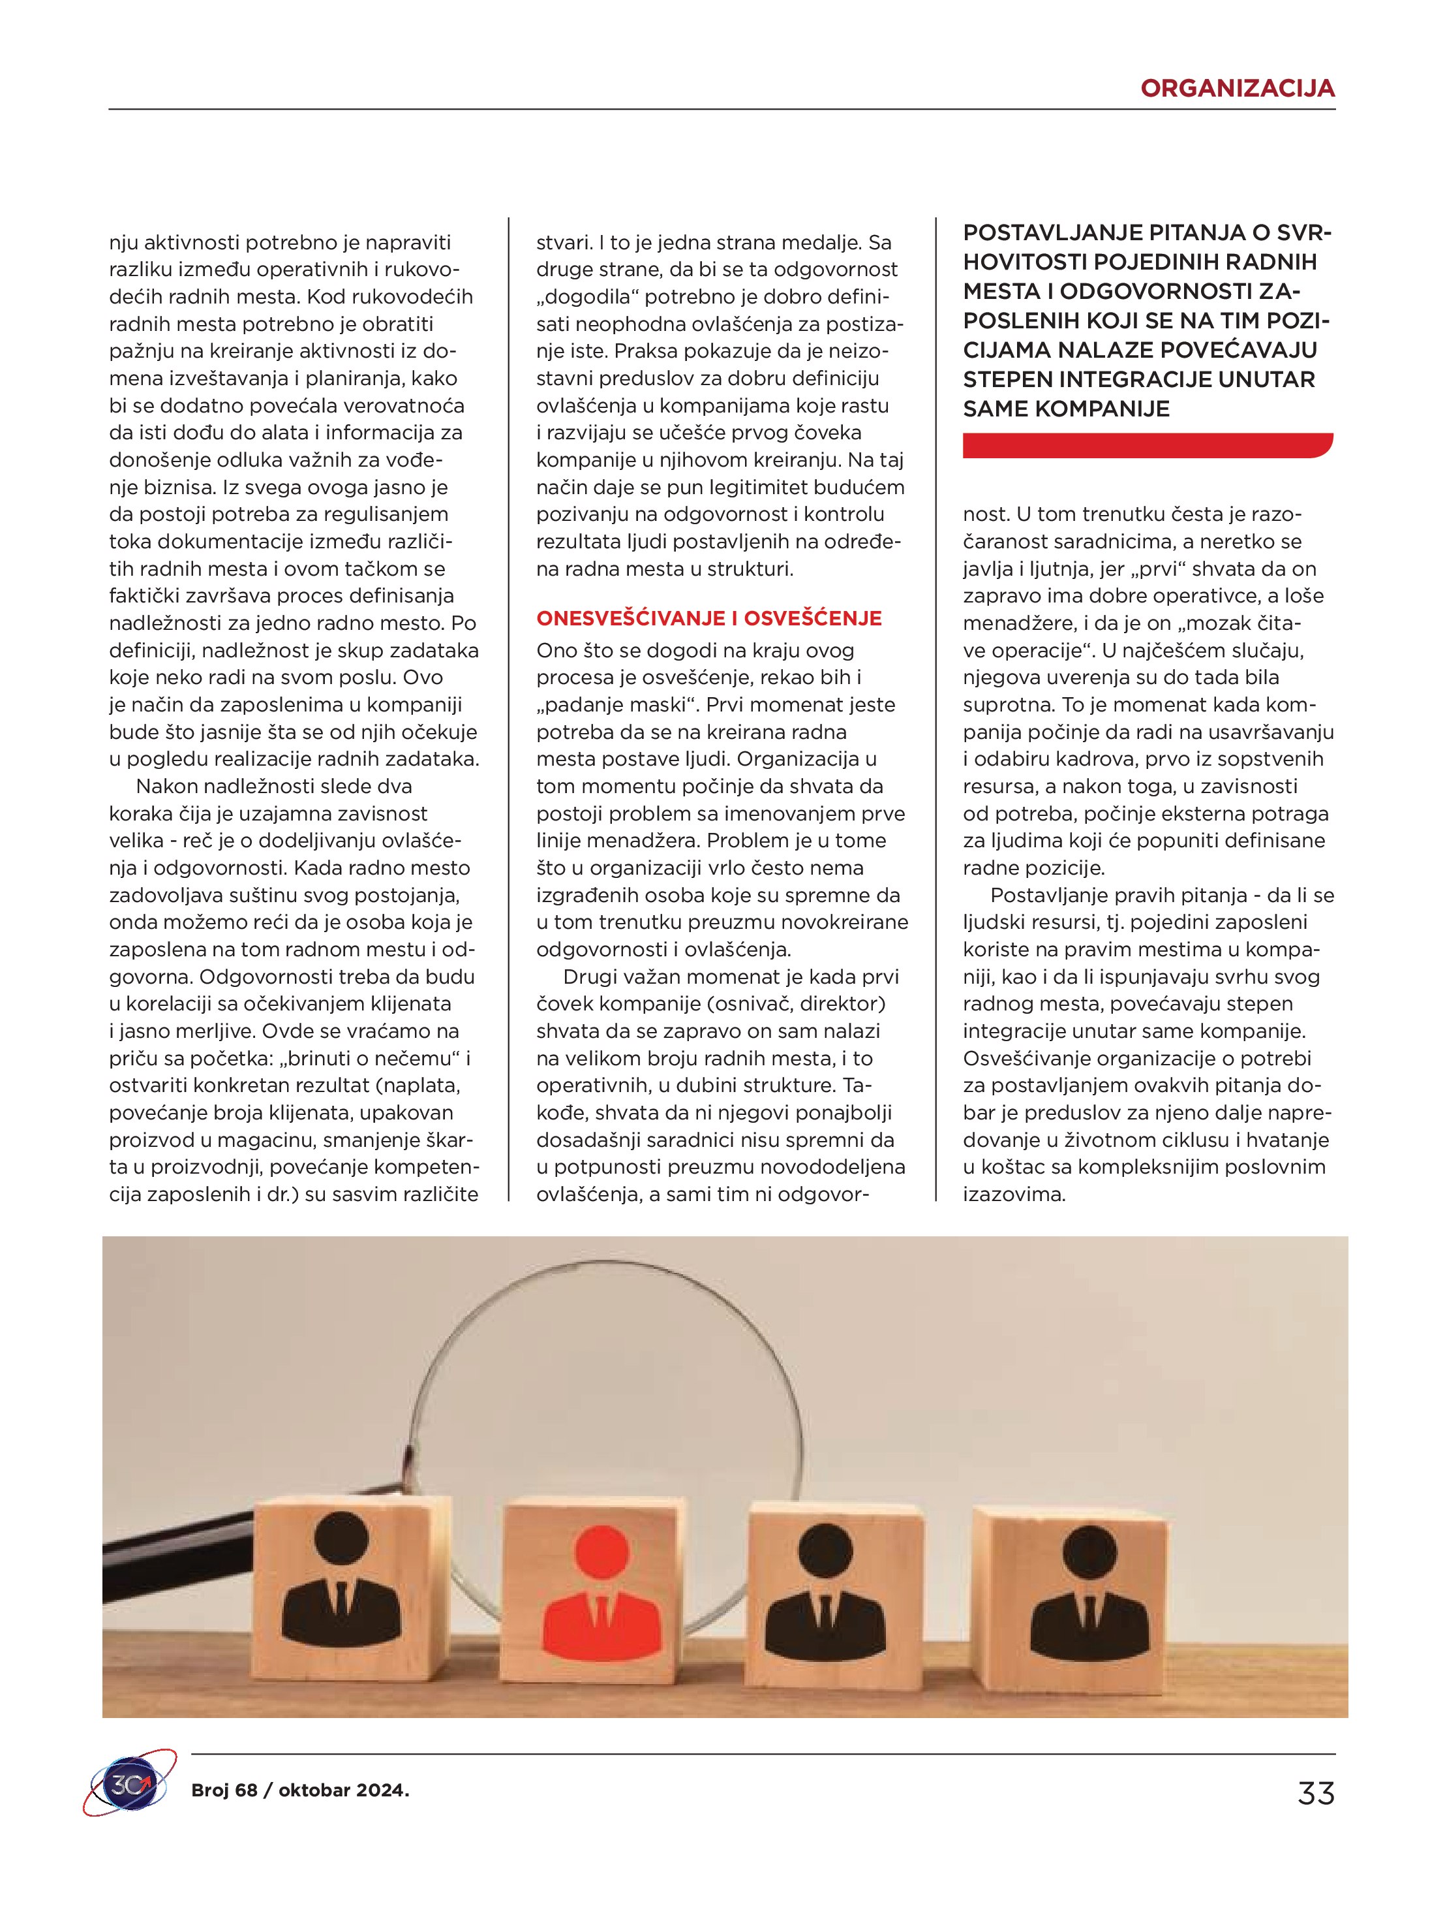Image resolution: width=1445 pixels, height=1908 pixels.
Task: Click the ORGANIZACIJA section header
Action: [x=1236, y=88]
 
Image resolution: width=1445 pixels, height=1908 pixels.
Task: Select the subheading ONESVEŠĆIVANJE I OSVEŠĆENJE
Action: [x=708, y=618]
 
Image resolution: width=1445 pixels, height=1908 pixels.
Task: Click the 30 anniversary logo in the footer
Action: [x=129, y=1792]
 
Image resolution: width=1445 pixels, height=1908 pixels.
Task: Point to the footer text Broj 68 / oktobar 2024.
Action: [x=300, y=1791]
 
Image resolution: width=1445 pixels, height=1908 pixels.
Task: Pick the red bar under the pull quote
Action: [x=1147, y=445]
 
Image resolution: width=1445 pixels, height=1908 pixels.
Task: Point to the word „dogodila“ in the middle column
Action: [x=587, y=297]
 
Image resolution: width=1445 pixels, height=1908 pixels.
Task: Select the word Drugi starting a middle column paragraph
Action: [x=589, y=977]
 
